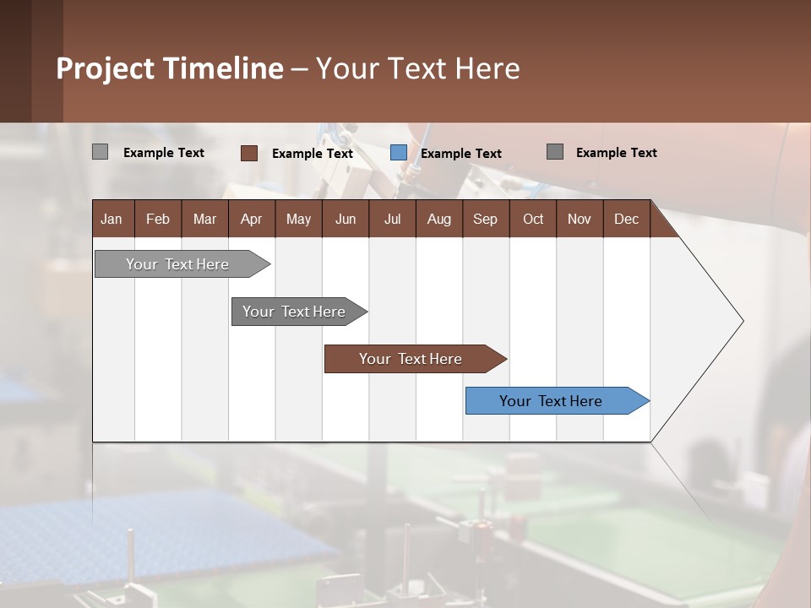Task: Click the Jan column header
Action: [112, 220]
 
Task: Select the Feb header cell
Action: [158, 220]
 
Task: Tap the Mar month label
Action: [204, 220]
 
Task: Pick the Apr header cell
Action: [251, 220]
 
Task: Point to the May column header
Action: [298, 220]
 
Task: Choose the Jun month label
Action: [346, 220]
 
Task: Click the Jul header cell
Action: [392, 220]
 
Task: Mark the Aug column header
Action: [438, 220]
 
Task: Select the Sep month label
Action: [485, 220]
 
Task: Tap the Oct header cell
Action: [533, 220]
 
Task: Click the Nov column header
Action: [580, 220]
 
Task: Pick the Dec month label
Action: [626, 220]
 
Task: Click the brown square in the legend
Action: [249, 153]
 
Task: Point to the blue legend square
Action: [399, 153]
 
